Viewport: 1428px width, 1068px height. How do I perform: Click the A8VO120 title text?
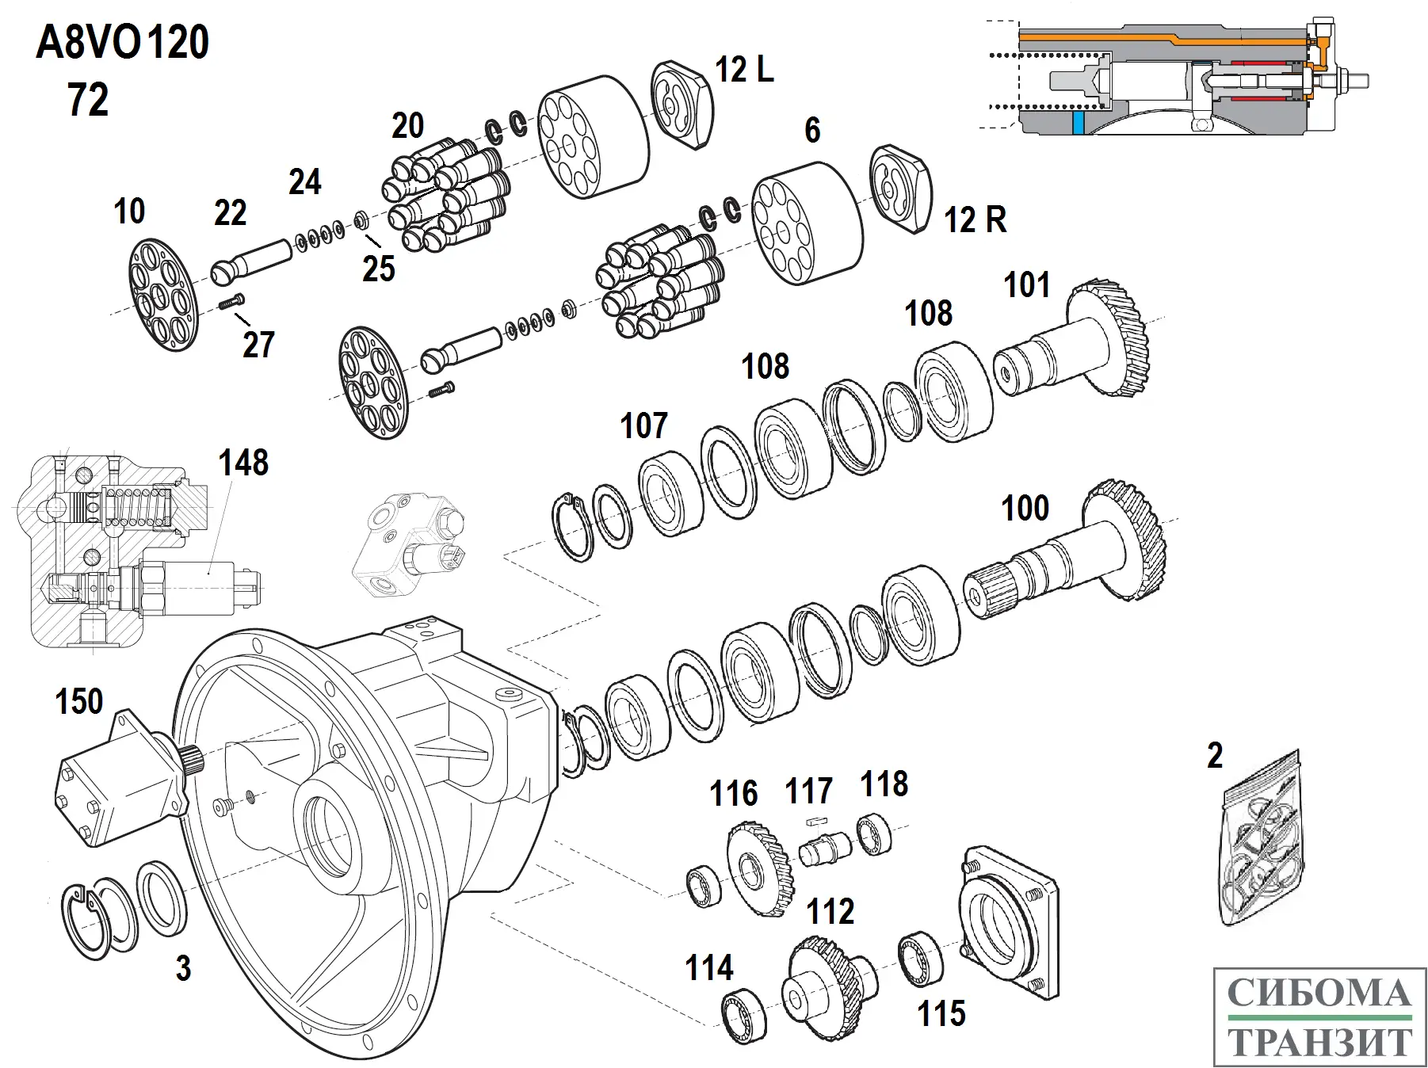pos(123,43)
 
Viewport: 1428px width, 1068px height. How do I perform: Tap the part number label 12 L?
pos(743,70)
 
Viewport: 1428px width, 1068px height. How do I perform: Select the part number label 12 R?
pos(975,219)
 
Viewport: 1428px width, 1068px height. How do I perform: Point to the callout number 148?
pos(243,463)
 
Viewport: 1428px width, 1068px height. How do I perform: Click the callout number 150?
pos(79,702)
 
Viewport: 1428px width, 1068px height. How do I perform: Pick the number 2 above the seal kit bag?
pos(1215,756)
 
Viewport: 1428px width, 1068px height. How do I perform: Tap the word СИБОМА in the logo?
pos(1319,994)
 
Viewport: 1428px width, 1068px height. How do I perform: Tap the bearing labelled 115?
pos(921,959)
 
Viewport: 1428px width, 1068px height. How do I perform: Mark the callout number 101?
pos(1026,285)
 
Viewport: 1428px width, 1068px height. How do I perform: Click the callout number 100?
pos(1025,509)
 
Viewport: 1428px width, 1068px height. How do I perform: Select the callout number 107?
pos(643,426)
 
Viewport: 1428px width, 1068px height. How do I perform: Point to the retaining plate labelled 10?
pos(162,295)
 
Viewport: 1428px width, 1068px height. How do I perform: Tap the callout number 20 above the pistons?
pos(408,126)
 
